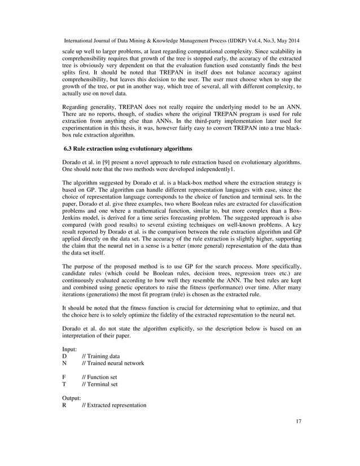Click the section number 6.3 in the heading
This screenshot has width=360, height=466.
69,149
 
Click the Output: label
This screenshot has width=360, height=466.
72,398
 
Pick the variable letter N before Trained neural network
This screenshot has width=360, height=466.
64,363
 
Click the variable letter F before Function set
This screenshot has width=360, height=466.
64,377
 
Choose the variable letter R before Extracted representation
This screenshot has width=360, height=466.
64,405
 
